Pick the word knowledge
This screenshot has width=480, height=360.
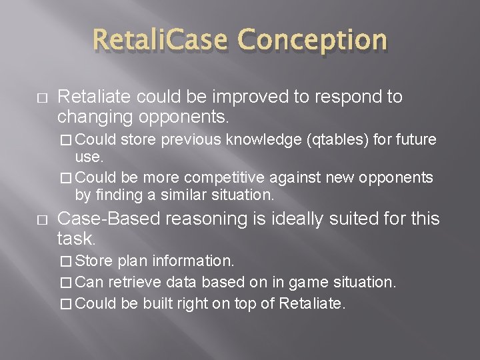pos(263,140)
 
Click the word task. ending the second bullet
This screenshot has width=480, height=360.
pos(77,238)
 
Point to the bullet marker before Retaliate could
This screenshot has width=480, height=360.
pos(24,97)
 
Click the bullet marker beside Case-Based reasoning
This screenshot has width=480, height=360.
pos(24,219)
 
